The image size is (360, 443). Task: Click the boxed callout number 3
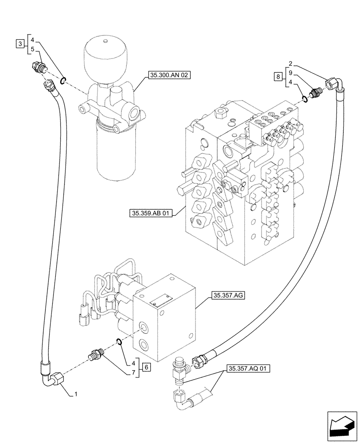19,43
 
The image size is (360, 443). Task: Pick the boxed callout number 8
278,77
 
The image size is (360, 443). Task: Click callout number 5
32,49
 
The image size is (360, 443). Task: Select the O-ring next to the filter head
63,80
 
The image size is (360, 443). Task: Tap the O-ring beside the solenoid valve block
119,341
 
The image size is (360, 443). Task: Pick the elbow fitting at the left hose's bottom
55,378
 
